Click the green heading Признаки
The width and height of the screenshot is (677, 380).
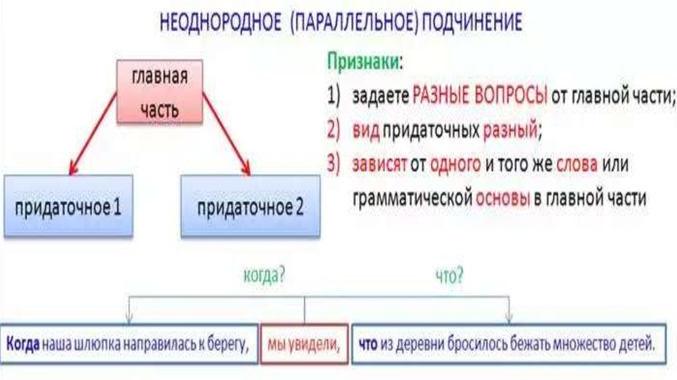[x=364, y=61]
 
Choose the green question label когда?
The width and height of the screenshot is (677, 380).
[x=264, y=275]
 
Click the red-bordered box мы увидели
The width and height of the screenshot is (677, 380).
[x=304, y=344]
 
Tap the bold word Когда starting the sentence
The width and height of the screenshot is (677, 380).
[x=24, y=344]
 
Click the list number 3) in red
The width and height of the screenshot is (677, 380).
[x=334, y=165]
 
